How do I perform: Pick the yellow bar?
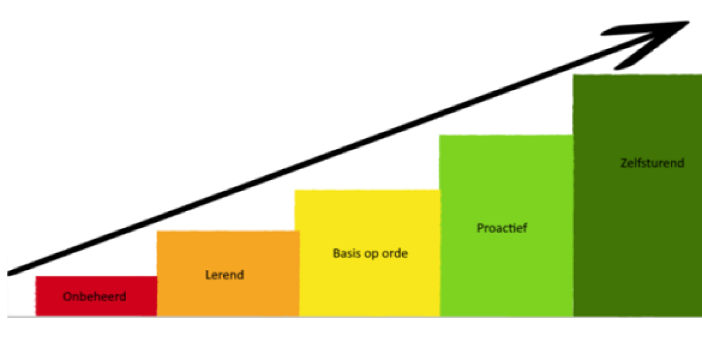point(370,283)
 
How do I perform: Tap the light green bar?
point(506,273)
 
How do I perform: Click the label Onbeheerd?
point(95,296)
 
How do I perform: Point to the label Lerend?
point(224,275)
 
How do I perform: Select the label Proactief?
point(502,228)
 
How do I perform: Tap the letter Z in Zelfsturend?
point(624,162)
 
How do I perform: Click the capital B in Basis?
point(336,254)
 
